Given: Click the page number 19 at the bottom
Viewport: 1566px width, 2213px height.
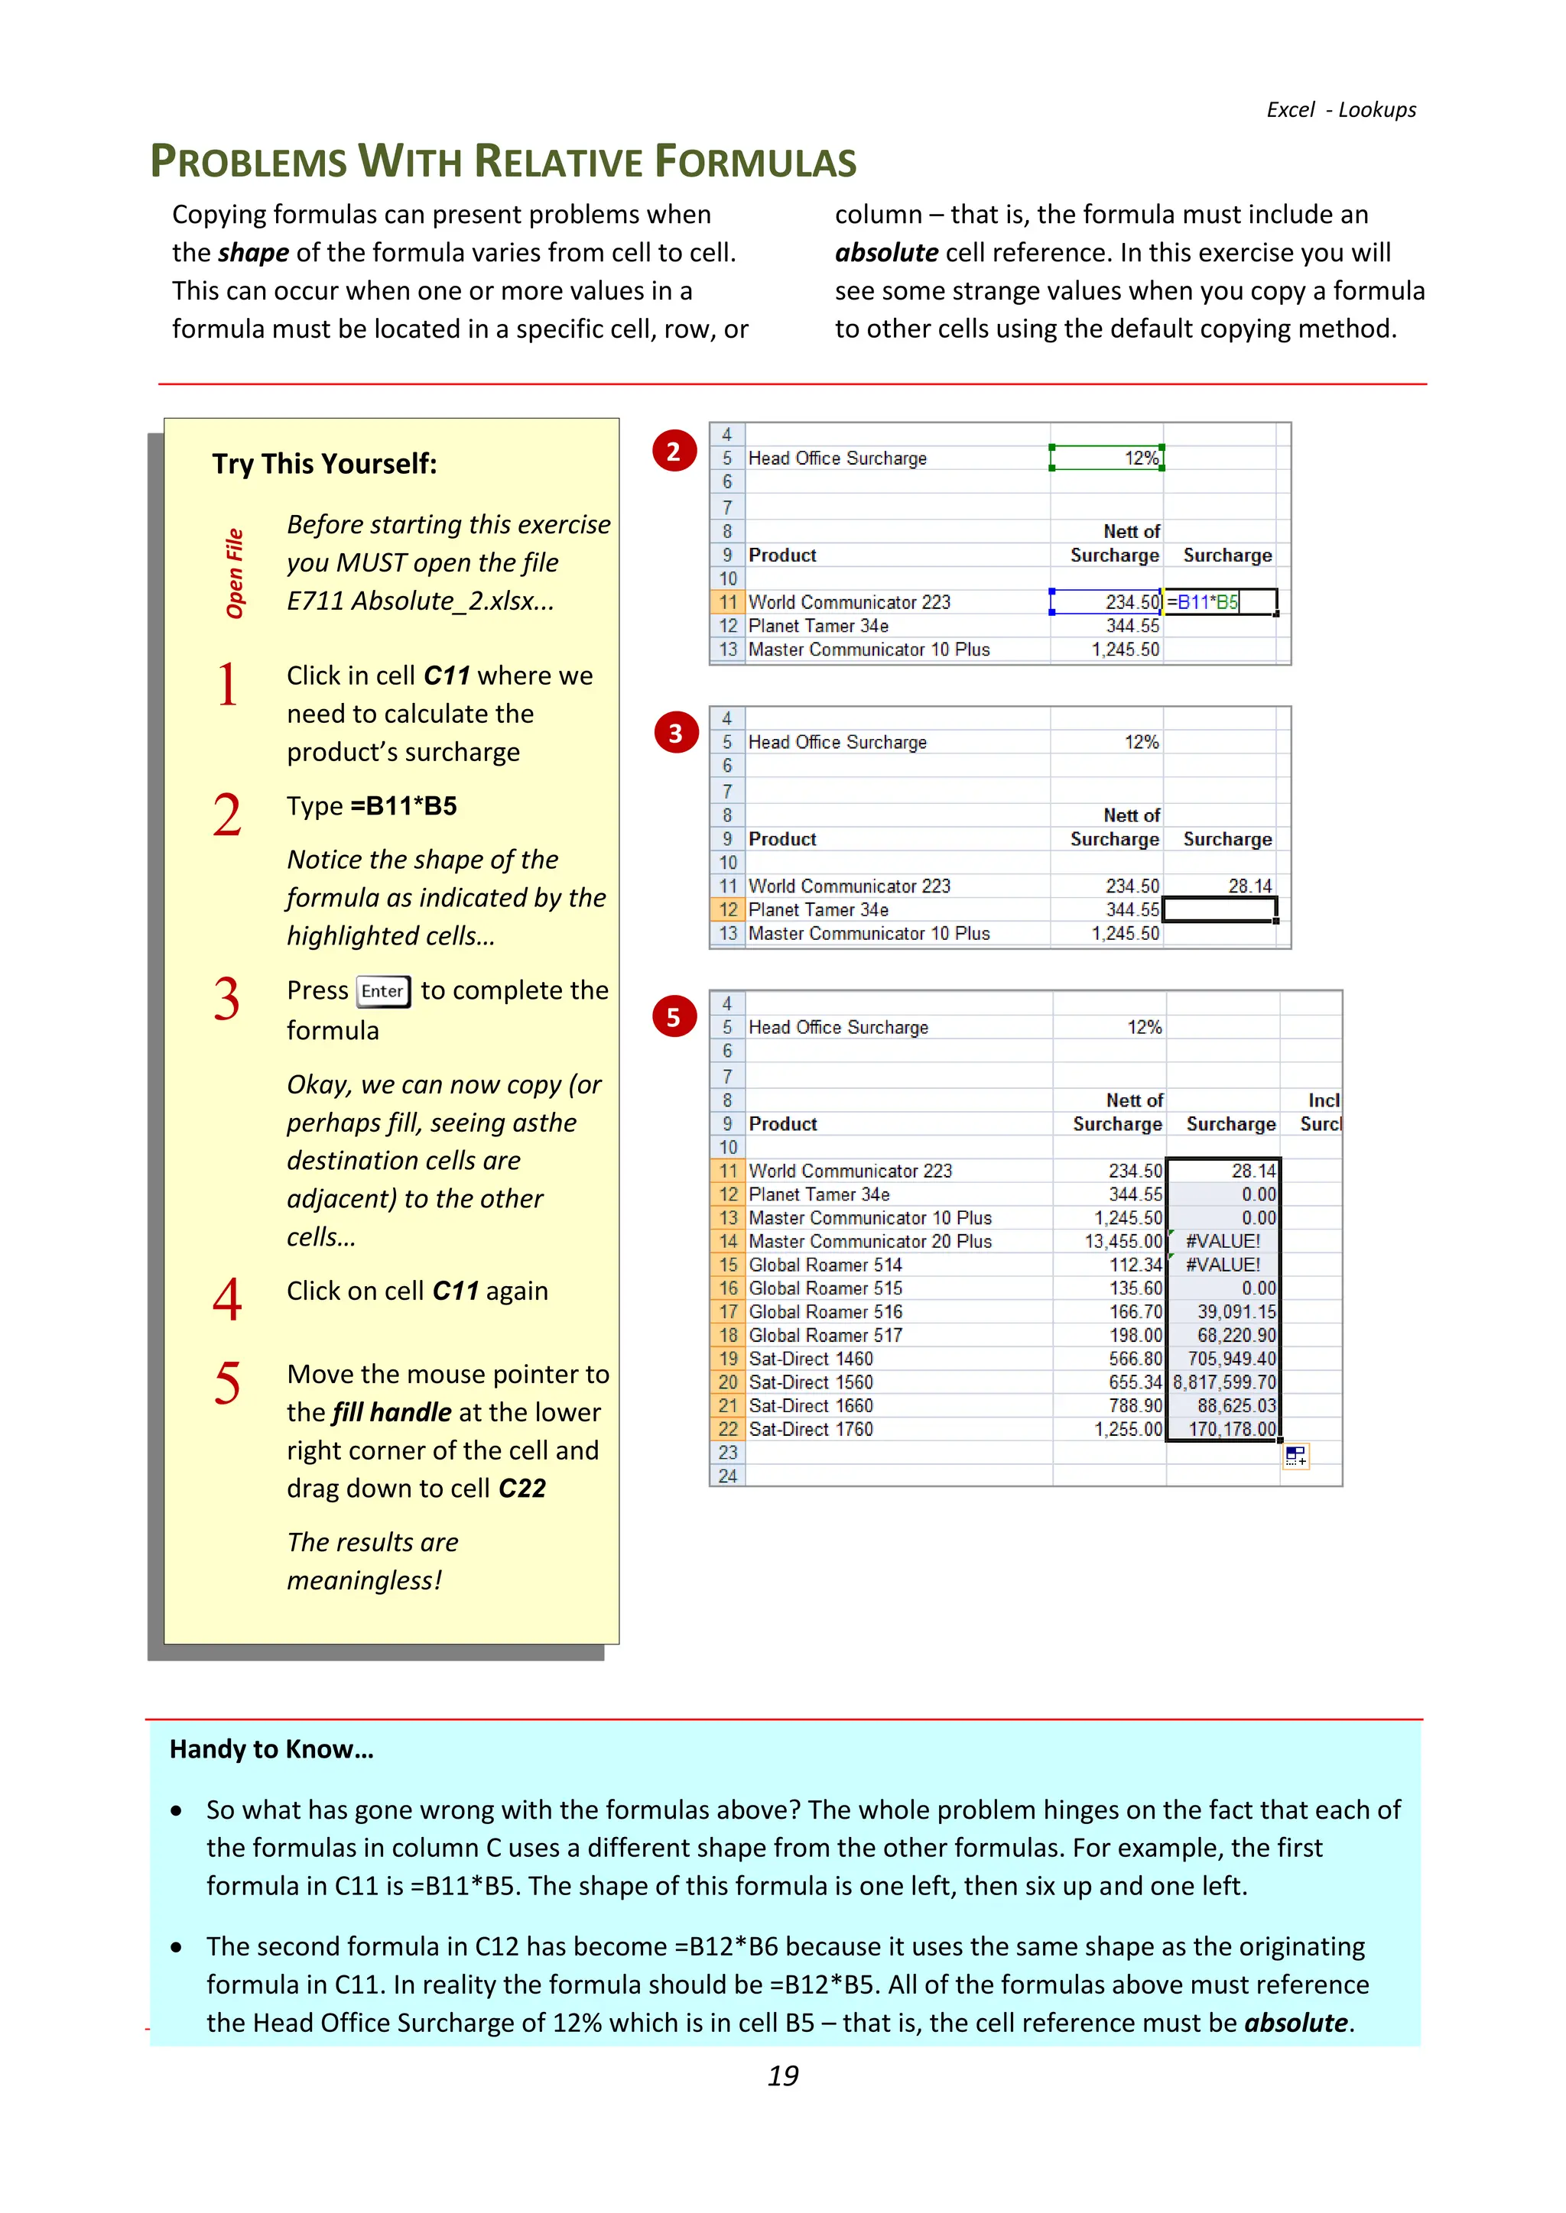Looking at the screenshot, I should [x=783, y=2075].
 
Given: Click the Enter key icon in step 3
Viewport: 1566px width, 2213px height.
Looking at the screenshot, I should [x=383, y=991].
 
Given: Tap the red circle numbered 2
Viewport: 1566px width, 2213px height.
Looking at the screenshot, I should [x=674, y=451].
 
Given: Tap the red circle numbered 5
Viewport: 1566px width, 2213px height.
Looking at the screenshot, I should [x=674, y=1017].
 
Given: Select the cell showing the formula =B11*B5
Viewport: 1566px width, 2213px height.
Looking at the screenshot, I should [x=1219, y=602].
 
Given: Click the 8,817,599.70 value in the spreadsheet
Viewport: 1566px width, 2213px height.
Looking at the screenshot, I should [x=1223, y=1382].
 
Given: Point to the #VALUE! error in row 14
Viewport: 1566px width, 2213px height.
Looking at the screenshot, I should [x=1222, y=1242].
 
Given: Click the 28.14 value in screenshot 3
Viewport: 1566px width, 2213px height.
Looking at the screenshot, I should [x=1249, y=886].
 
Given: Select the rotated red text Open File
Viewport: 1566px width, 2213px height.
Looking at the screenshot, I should [x=234, y=573].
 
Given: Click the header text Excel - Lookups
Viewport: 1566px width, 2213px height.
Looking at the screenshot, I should [x=1340, y=110].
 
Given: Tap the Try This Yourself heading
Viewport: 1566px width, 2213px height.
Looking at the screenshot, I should [x=324, y=464].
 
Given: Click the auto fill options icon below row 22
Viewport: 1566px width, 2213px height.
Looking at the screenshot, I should [x=1295, y=1456].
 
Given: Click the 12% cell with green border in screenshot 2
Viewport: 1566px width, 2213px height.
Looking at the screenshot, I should [x=1107, y=458].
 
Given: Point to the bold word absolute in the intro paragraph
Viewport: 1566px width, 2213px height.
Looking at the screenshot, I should [x=886, y=252].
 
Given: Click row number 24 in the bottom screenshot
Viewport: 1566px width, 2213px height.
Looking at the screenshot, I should [x=728, y=1476].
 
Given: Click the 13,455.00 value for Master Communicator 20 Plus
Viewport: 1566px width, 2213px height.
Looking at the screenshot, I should [x=1123, y=1242].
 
